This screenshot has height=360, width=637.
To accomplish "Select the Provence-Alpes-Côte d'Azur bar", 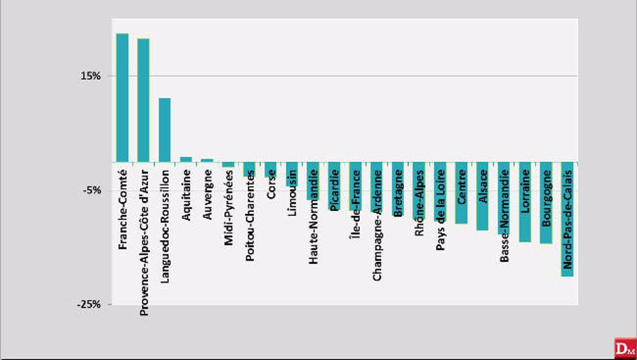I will [x=143, y=100].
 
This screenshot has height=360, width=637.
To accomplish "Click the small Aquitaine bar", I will [x=186, y=159].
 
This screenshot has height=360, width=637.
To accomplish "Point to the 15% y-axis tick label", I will [x=90, y=76].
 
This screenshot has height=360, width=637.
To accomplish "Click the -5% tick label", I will [x=91, y=190].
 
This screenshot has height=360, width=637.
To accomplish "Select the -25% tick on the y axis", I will [x=89, y=304].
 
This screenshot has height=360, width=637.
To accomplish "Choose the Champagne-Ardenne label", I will [x=377, y=224].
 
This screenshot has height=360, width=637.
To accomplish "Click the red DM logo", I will [x=624, y=348].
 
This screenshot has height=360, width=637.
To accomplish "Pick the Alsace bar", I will [x=483, y=196].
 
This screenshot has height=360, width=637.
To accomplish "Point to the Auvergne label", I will [x=207, y=195].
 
